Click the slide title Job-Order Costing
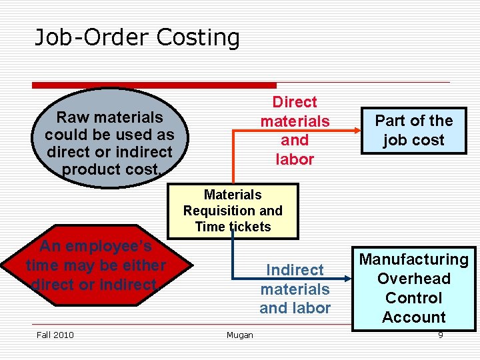point(137,37)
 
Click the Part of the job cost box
point(413,130)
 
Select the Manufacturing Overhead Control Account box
point(413,288)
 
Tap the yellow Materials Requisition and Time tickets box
point(233,211)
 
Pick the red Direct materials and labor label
point(295,131)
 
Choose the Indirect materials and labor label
point(295,289)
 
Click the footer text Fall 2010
point(55,335)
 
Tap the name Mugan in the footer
point(239,335)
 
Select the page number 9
point(440,335)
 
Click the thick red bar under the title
point(154,85)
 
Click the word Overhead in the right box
point(413,279)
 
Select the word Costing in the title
point(198,37)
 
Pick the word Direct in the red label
point(295,102)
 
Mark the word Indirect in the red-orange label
point(295,270)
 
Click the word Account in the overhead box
point(413,317)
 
